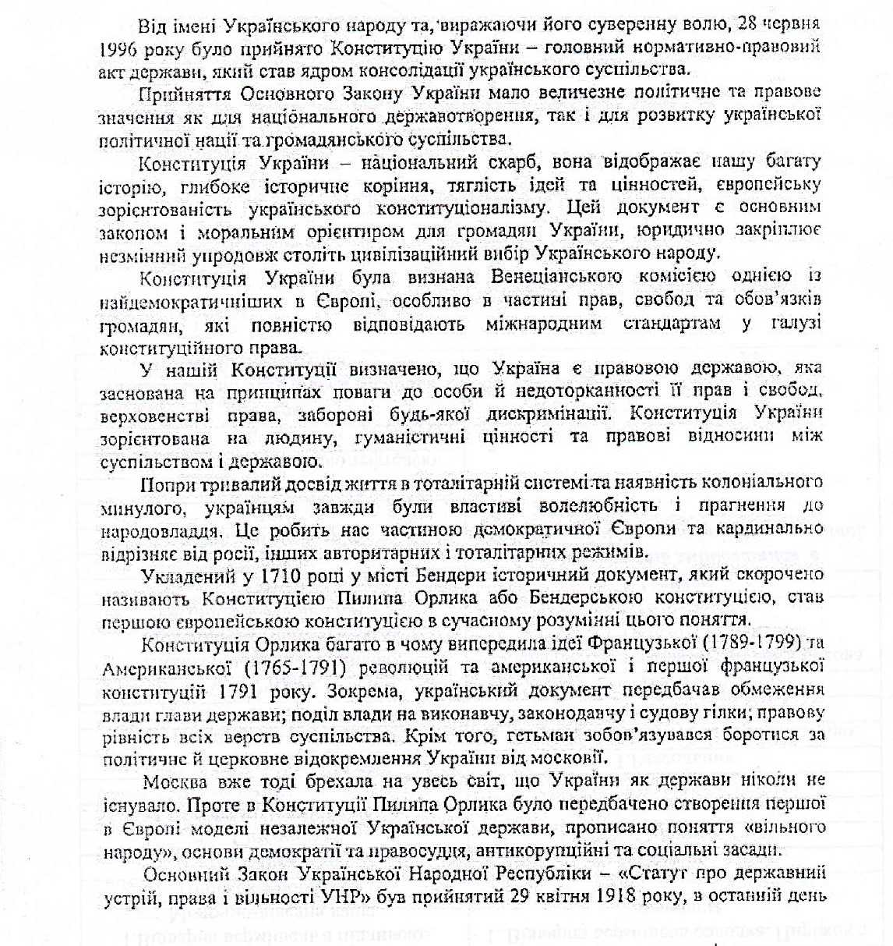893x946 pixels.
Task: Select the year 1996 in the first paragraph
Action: (118, 48)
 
